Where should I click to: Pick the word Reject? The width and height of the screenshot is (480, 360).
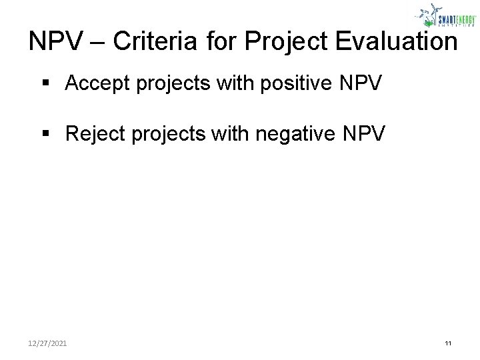95,135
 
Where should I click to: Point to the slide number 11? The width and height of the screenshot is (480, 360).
448,343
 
